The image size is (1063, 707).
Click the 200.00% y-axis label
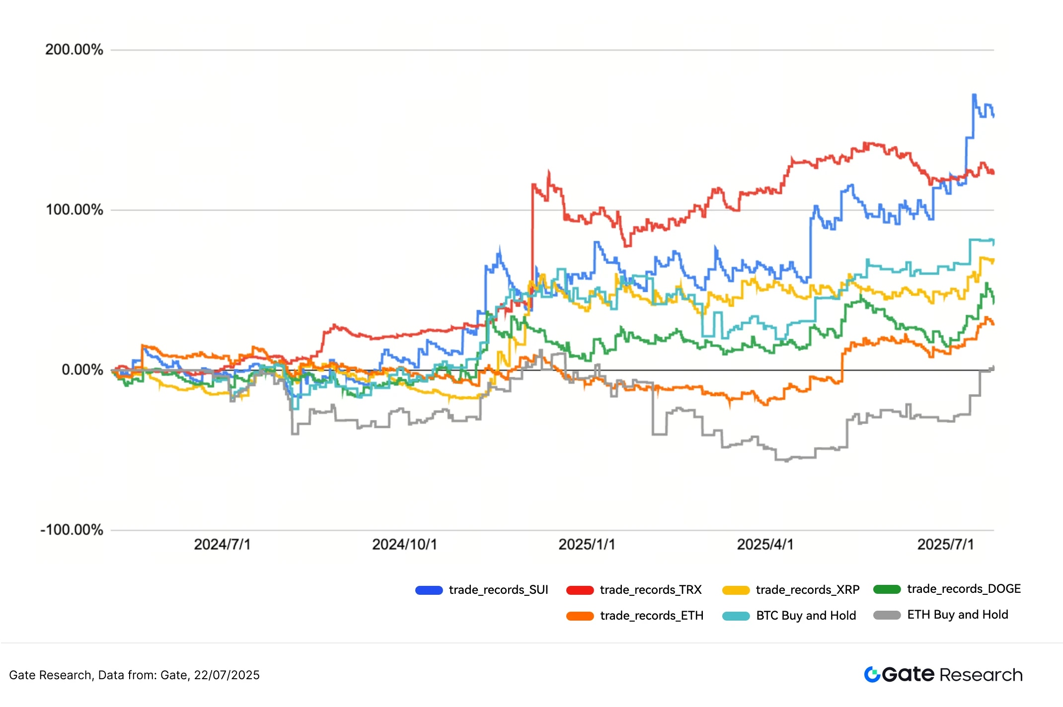click(74, 50)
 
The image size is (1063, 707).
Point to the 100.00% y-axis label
click(75, 210)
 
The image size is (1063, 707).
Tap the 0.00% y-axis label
click(82, 370)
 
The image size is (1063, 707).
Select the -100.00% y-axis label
click(72, 530)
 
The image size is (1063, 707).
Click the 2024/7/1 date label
click(222, 545)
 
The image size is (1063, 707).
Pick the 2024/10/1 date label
click(404, 545)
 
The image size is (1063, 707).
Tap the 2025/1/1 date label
click(587, 545)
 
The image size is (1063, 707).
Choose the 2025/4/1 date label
click(765, 545)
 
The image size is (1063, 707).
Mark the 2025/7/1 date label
click(945, 545)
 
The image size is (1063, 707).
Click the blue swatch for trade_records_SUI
click(429, 590)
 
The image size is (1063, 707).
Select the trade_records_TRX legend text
click(650, 590)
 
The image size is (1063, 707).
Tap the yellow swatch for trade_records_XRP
click(736, 590)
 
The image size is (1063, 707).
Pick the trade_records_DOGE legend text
click(964, 589)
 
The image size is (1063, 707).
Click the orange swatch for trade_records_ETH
click(580, 616)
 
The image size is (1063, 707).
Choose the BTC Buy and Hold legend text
click(806, 616)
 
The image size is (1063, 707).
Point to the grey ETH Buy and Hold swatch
click(887, 615)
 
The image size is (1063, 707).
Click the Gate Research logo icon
click(872, 674)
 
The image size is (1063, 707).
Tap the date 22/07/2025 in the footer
click(227, 675)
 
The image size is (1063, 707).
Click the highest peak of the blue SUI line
click(974, 94)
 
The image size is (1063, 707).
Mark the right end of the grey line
click(993, 368)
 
